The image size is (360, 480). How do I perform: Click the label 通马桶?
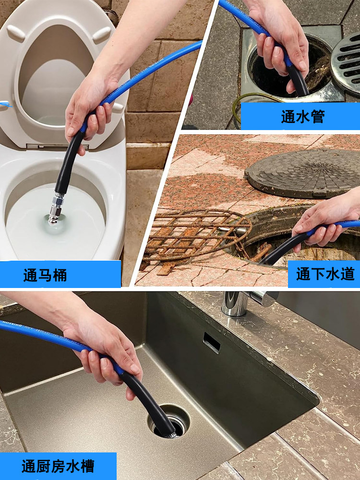pyautogui.click(x=46, y=275)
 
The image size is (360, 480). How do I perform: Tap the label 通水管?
pyautogui.click(x=302, y=117)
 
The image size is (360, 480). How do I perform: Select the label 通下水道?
pyautogui.click(x=325, y=274)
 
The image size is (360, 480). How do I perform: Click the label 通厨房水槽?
pyautogui.click(x=58, y=466)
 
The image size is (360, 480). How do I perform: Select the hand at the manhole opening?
pyautogui.click(x=326, y=223)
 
